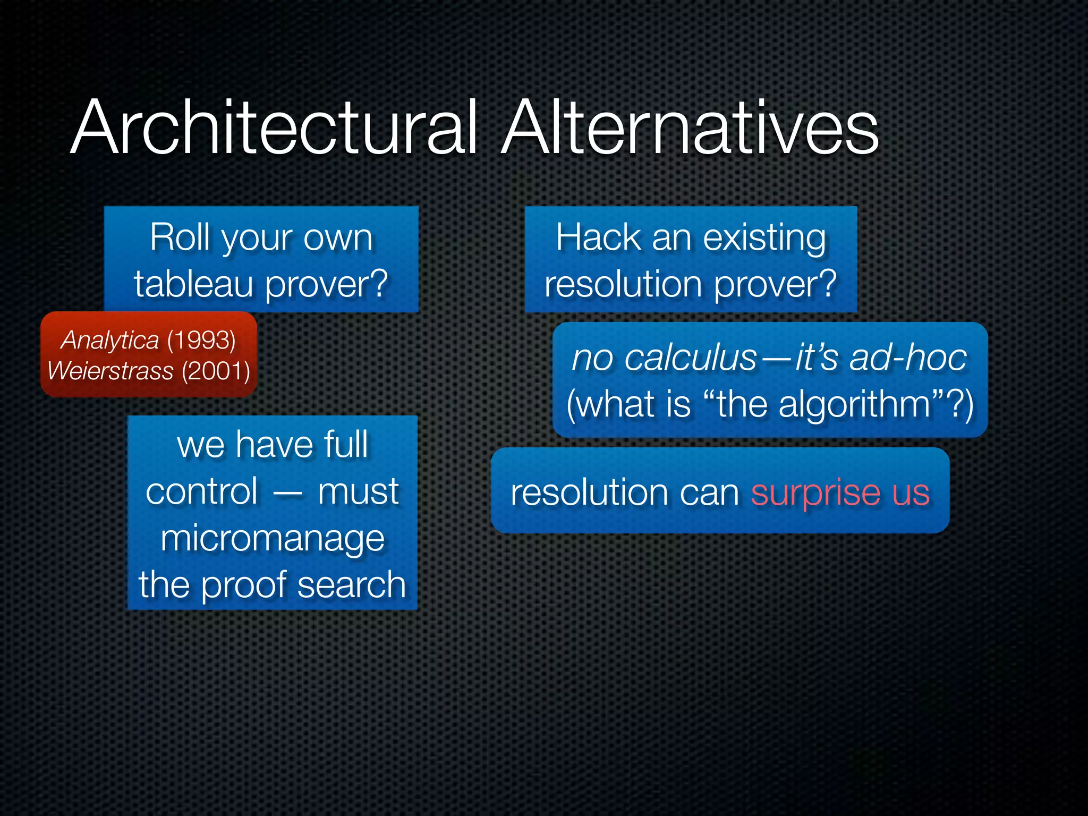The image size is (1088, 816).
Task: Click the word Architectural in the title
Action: [x=274, y=129]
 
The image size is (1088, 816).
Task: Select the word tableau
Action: [x=193, y=284]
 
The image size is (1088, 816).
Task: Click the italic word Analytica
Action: [x=110, y=340]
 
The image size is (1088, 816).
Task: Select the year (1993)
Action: [x=201, y=340]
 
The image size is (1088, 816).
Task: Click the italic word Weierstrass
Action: [x=110, y=371]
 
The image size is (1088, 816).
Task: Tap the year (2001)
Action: [x=216, y=371]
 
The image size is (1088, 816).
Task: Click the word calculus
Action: [x=691, y=358]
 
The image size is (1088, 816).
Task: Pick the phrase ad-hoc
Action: [x=908, y=358]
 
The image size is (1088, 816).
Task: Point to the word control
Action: [x=202, y=491]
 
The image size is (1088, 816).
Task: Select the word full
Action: [x=346, y=445]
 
